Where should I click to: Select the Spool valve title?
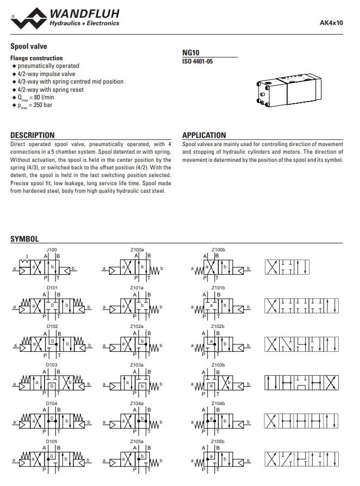[x=29, y=47]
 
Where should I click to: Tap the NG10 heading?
[x=191, y=53]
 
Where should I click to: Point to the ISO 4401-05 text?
[x=198, y=61]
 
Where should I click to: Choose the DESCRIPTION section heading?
[x=33, y=135]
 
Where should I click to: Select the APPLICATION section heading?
[x=204, y=135]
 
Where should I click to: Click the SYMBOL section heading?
[x=24, y=239]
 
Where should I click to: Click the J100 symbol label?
[x=52, y=250]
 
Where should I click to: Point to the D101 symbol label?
[x=52, y=287]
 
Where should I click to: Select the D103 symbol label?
[x=52, y=365]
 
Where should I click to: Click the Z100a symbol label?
[x=137, y=250]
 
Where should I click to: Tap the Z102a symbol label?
[x=137, y=326]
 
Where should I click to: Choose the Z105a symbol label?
[x=137, y=442]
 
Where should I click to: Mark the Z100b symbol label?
[x=218, y=250]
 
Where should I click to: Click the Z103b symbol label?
[x=218, y=365]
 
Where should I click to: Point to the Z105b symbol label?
[x=218, y=442]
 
